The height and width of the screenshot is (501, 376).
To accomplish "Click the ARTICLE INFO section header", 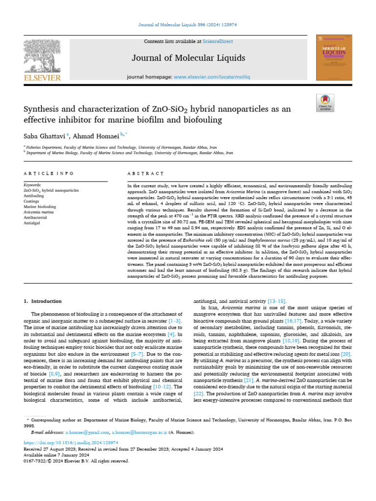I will click(x=49, y=173).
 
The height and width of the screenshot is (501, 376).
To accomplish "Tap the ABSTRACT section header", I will click(x=145, y=173).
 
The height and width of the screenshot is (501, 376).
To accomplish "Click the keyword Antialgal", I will click(x=33, y=223).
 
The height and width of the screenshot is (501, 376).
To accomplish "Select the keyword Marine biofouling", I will click(x=40, y=206).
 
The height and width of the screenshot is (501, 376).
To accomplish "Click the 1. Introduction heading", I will click(x=43, y=301).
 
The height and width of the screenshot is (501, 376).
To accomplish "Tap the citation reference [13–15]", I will click(x=277, y=301).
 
